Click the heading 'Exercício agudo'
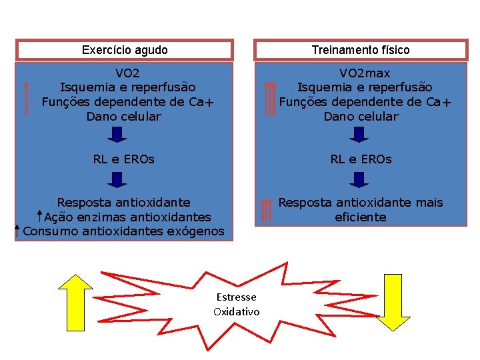pos(125,50)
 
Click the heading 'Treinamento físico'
pos(361,50)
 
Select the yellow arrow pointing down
pos(393,301)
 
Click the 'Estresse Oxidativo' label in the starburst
pos(236,304)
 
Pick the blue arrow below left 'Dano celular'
pos(117,135)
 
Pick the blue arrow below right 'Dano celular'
pos(359,135)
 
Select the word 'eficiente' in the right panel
pos(361,217)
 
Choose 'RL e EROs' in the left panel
pos(124,159)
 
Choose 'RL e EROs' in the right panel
pos(361,159)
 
